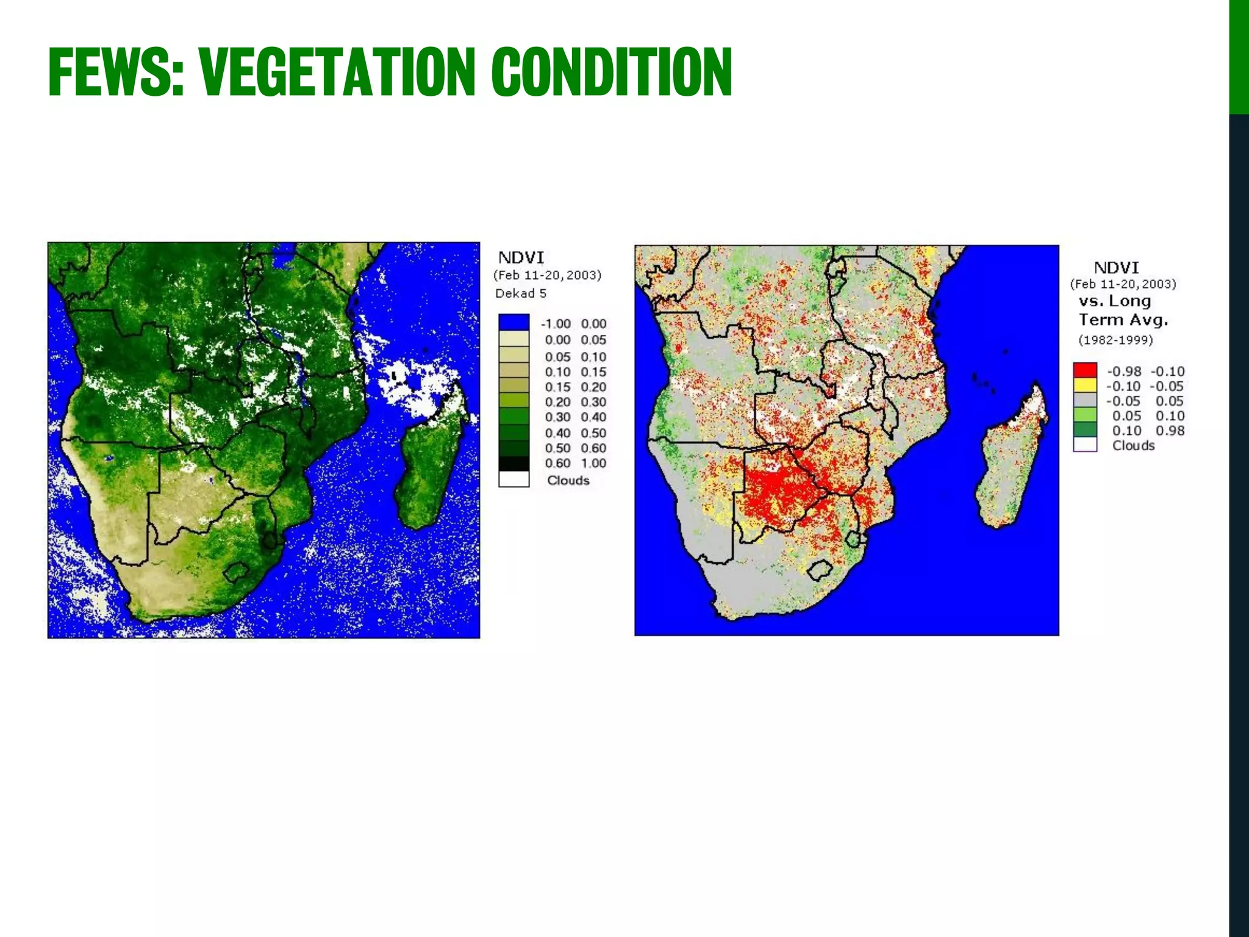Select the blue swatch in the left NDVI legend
pyautogui.click(x=514, y=323)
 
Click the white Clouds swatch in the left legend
pyautogui.click(x=514, y=479)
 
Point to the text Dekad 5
pyautogui.click(x=520, y=293)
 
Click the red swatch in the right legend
pyautogui.click(x=1085, y=370)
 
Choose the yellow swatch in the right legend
pyautogui.click(x=1085, y=386)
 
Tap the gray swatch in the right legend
pyautogui.click(x=1085, y=400)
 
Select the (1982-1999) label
pyautogui.click(x=1115, y=340)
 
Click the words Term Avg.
pyautogui.click(x=1123, y=320)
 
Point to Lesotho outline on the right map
pyautogui.click(x=820, y=570)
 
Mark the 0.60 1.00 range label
pyautogui.click(x=575, y=463)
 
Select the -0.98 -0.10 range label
pyautogui.click(x=1145, y=371)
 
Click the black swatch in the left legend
pyautogui.click(x=514, y=464)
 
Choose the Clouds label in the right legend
pyautogui.click(x=1133, y=445)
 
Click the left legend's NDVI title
pyautogui.click(x=520, y=257)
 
